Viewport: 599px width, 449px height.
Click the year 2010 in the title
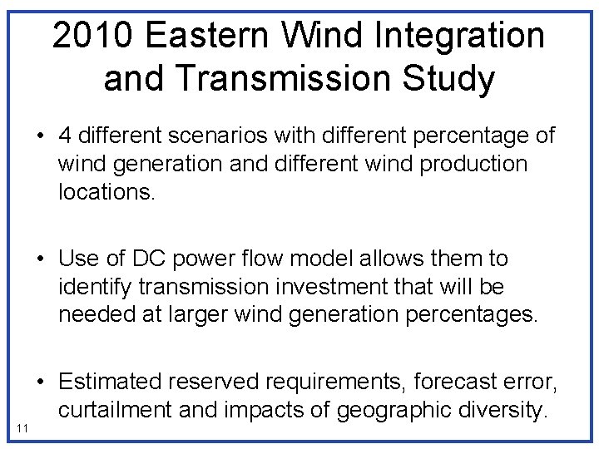click(x=92, y=36)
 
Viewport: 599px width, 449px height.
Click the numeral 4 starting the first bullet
click(x=64, y=136)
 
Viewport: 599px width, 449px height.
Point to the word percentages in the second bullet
click(x=468, y=315)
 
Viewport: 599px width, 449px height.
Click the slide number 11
click(x=22, y=427)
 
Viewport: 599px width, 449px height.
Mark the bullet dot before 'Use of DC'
click(x=41, y=259)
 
